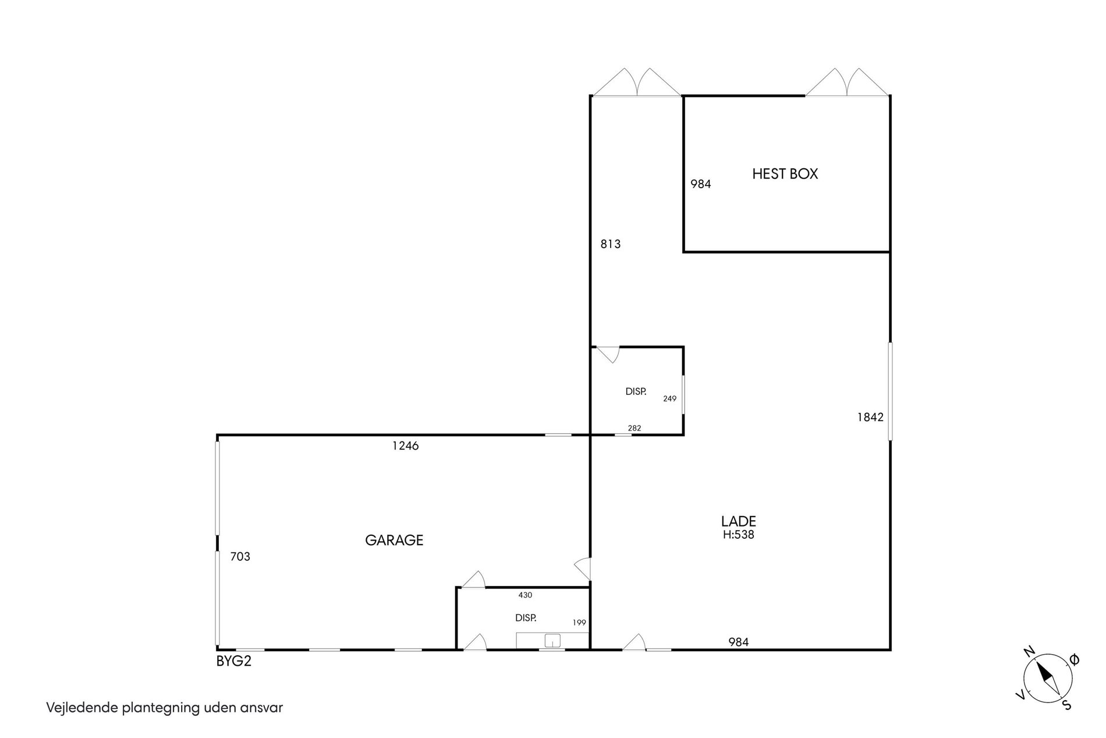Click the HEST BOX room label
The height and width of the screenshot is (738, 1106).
pyautogui.click(x=785, y=174)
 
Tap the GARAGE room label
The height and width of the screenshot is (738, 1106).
pyautogui.click(x=394, y=540)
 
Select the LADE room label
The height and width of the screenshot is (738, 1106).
pyautogui.click(x=739, y=521)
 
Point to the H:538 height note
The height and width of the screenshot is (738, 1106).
pyautogui.click(x=739, y=535)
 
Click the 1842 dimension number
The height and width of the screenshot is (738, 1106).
pyautogui.click(x=870, y=417)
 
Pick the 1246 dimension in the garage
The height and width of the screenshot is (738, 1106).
pyautogui.click(x=406, y=446)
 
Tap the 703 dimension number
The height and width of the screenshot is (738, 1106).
pyautogui.click(x=240, y=557)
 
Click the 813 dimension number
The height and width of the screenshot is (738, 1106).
pyautogui.click(x=611, y=244)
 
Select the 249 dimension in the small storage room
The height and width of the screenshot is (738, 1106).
pyautogui.click(x=669, y=399)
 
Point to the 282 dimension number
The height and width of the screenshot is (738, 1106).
pyautogui.click(x=634, y=428)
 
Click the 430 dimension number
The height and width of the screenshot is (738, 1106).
pyautogui.click(x=525, y=595)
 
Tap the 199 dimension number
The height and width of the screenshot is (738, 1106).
pyautogui.click(x=579, y=623)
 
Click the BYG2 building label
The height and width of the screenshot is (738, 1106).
pyautogui.click(x=234, y=662)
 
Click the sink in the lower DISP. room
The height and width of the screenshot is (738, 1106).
pyautogui.click(x=552, y=641)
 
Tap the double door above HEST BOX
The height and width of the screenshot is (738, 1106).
pyautogui.click(x=848, y=82)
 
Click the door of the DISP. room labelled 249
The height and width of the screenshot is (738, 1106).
pyautogui.click(x=608, y=355)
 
